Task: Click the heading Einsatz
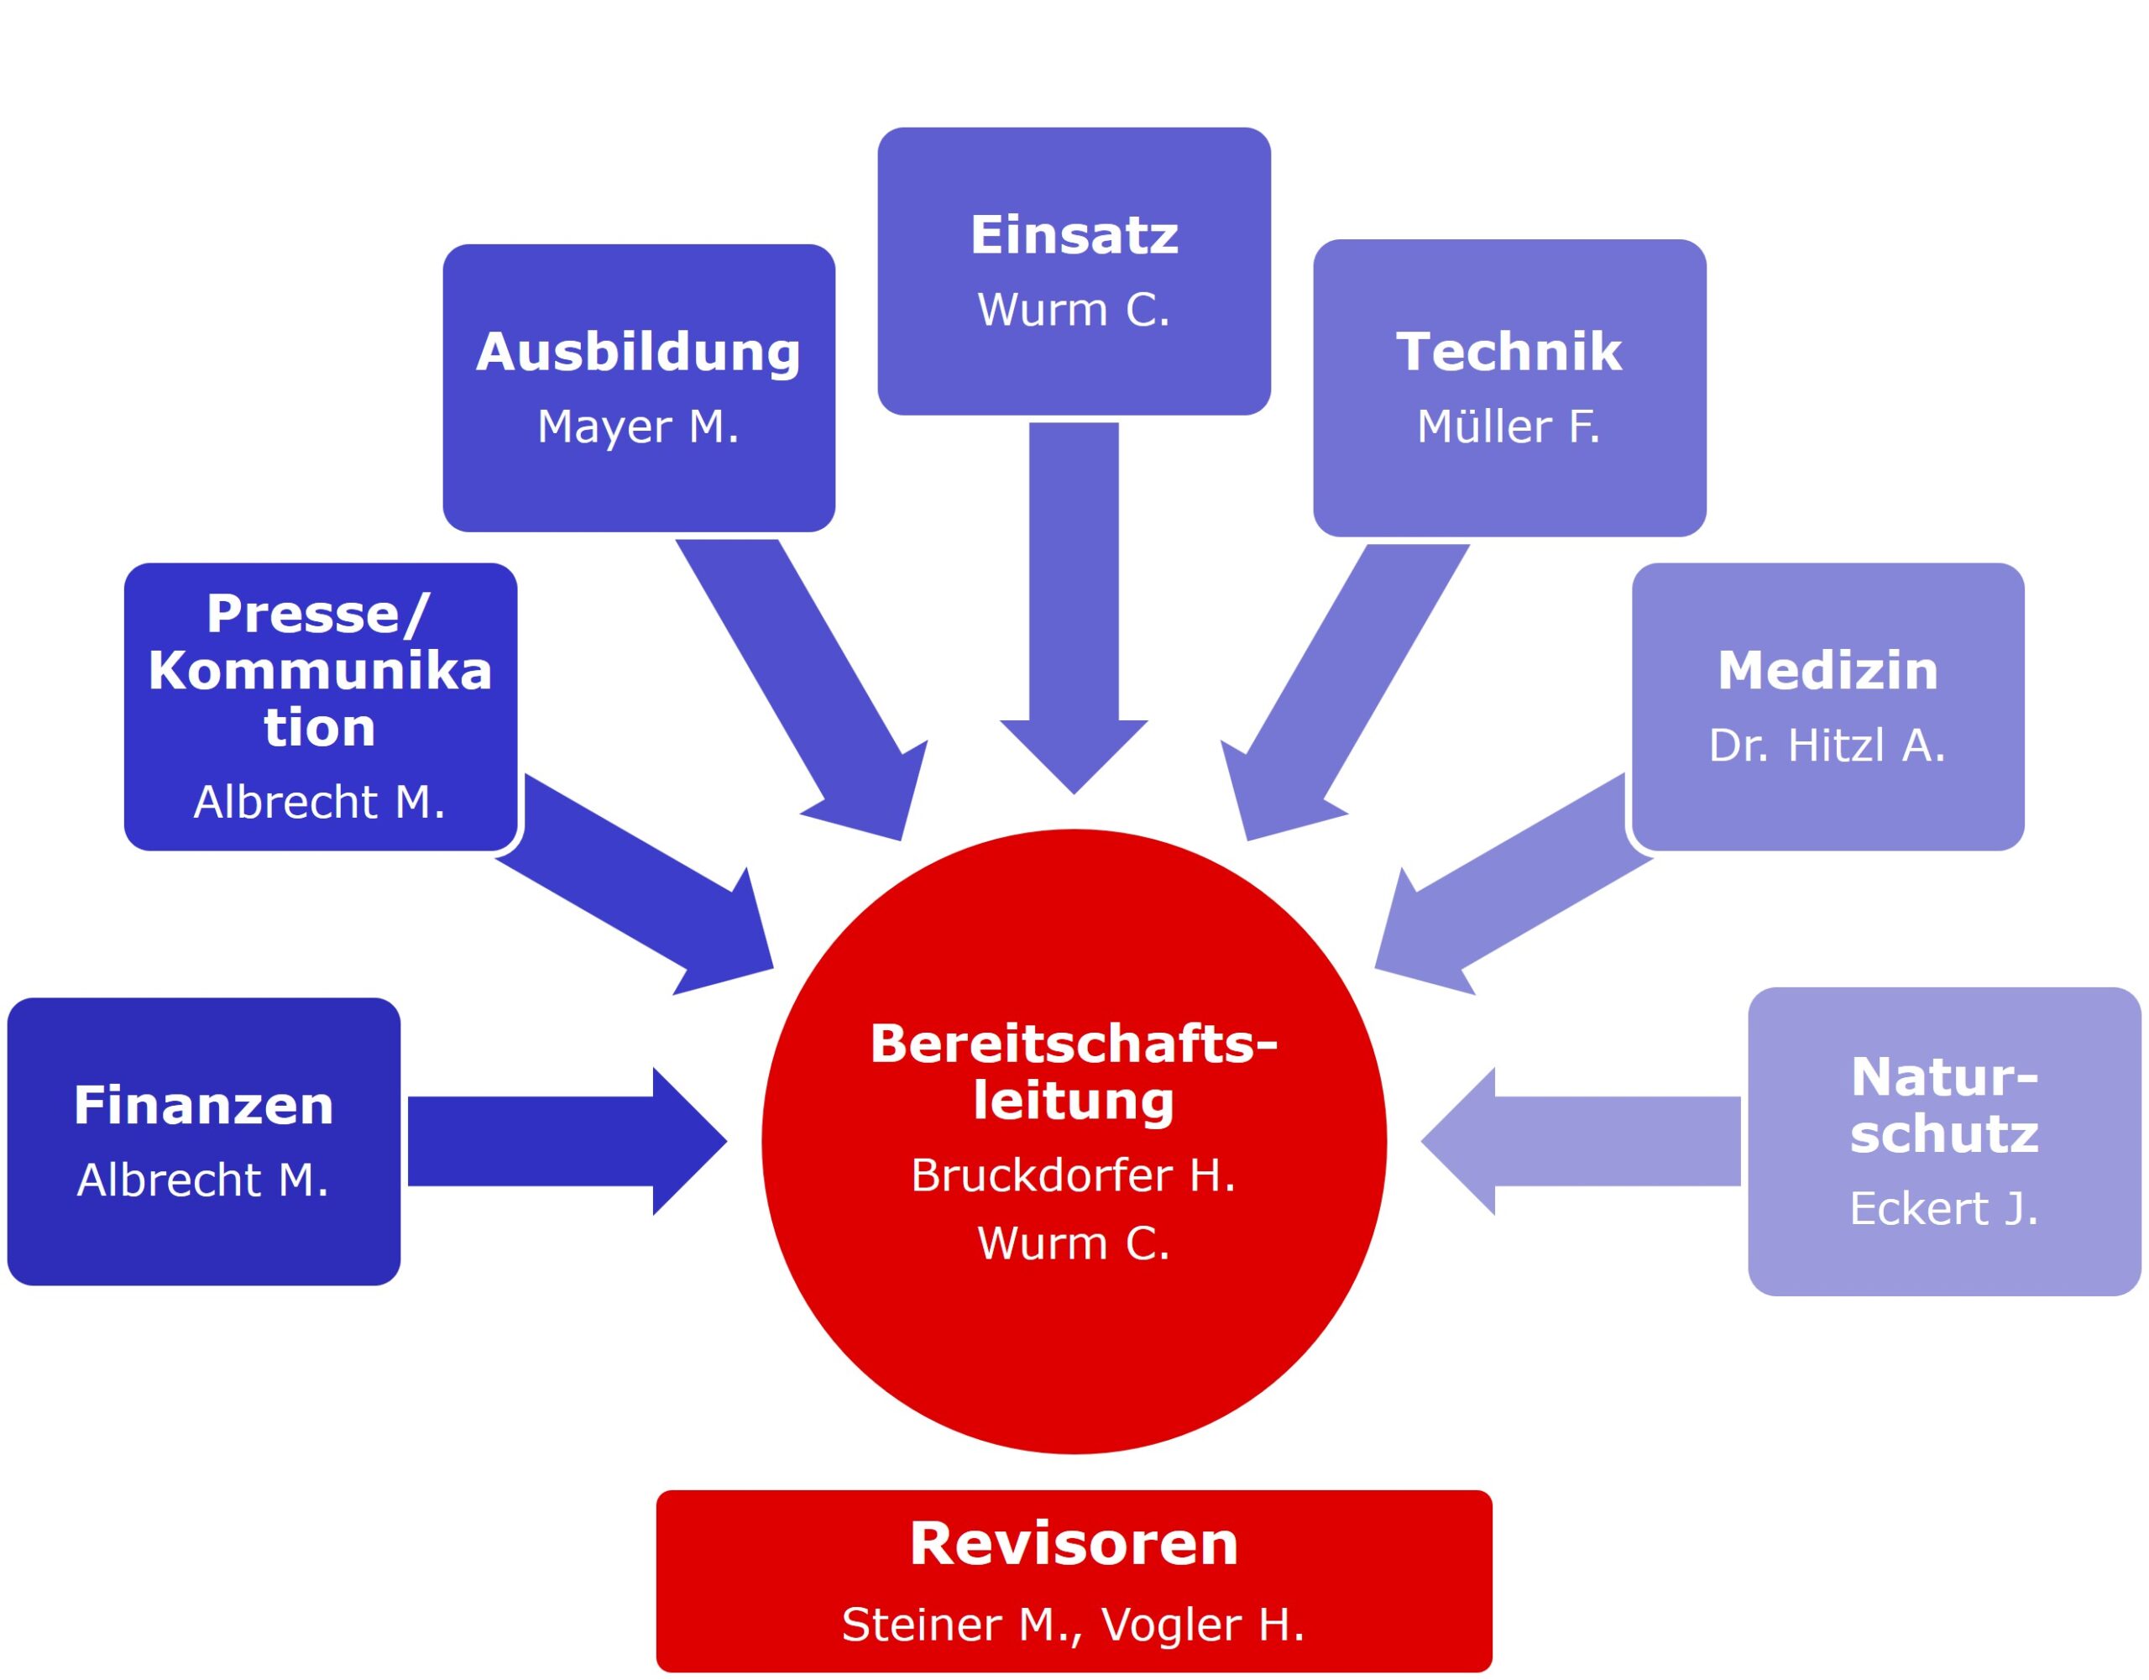[1074, 235]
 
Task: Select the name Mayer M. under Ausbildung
[638, 427]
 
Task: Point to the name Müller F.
[1508, 427]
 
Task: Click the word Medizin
[1827, 670]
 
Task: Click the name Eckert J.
[1943, 1209]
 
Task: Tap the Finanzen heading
[204, 1105]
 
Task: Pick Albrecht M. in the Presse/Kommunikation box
[320, 802]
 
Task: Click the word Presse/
[318, 614]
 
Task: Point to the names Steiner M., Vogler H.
[1074, 1624]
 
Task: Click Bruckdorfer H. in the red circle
[1074, 1175]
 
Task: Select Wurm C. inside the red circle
[1074, 1243]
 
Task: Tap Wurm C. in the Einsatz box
[1074, 310]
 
